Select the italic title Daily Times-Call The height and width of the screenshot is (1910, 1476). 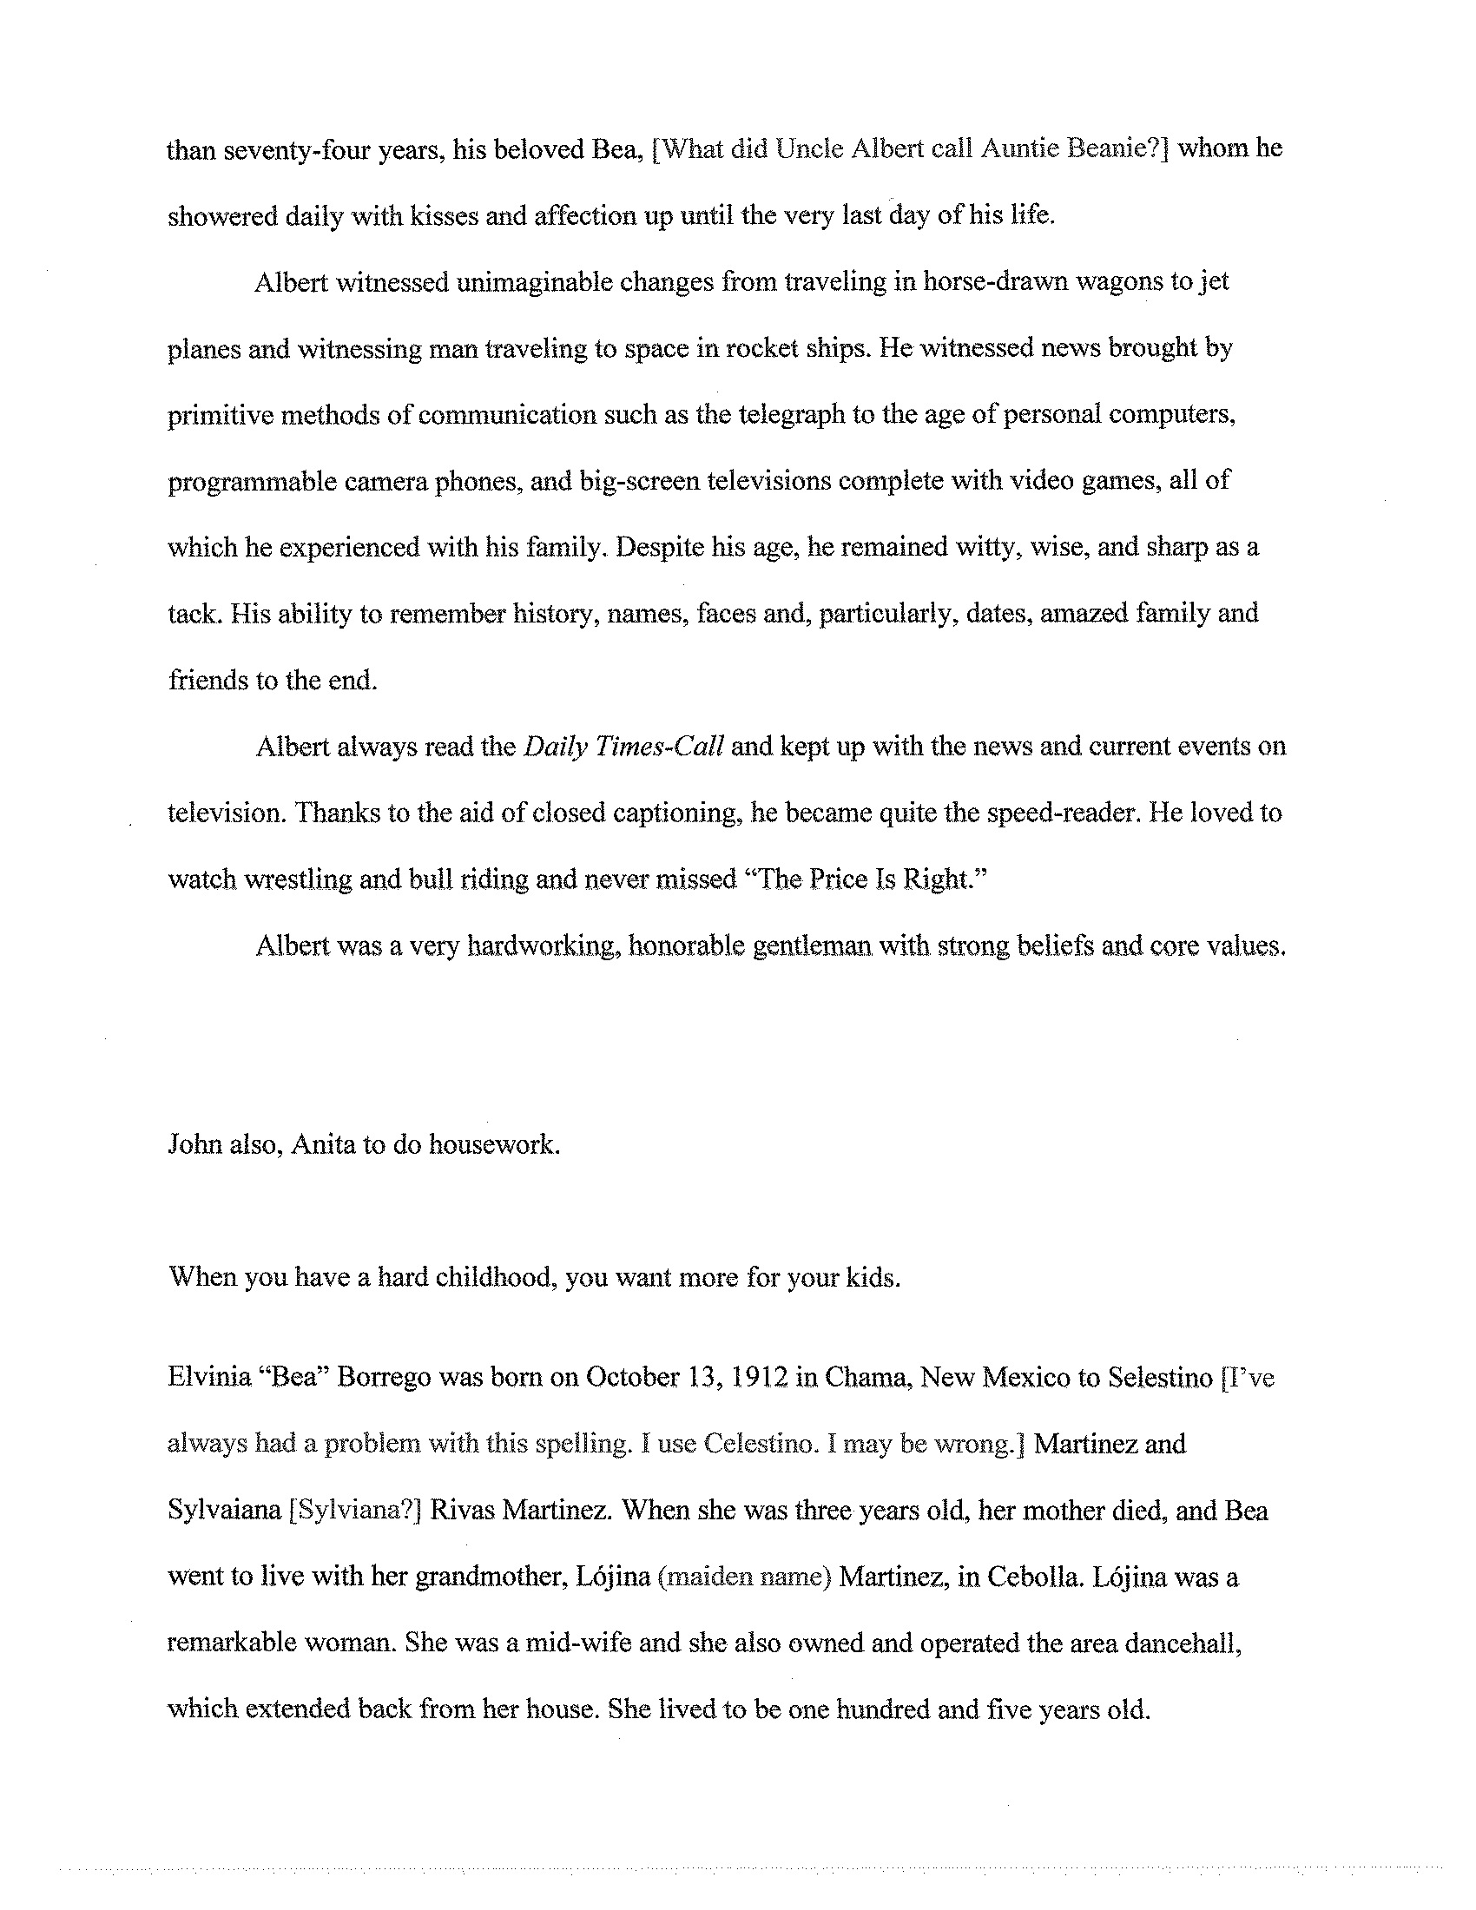pyautogui.click(x=623, y=747)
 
